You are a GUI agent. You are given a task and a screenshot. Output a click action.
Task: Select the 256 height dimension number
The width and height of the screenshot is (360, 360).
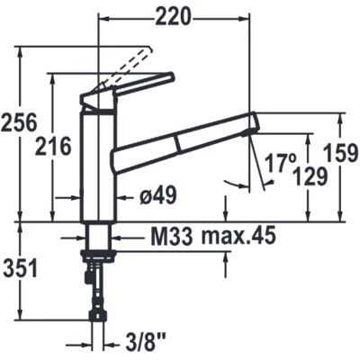tap(19, 122)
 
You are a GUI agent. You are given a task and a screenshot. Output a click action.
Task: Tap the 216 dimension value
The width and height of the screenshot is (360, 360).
tap(53, 147)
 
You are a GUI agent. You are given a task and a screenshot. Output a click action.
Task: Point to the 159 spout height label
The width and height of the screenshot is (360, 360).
tap(342, 153)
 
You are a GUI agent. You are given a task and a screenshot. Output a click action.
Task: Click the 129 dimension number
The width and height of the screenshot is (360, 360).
tap(310, 176)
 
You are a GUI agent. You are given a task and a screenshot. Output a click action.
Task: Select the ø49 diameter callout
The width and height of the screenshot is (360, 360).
tap(158, 196)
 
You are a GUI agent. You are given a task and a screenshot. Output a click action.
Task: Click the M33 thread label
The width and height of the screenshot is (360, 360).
tap(172, 236)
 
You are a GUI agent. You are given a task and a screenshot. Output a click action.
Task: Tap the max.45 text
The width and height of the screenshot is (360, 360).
tap(238, 236)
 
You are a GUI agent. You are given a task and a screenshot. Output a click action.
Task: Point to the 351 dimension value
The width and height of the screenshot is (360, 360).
tap(20, 268)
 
